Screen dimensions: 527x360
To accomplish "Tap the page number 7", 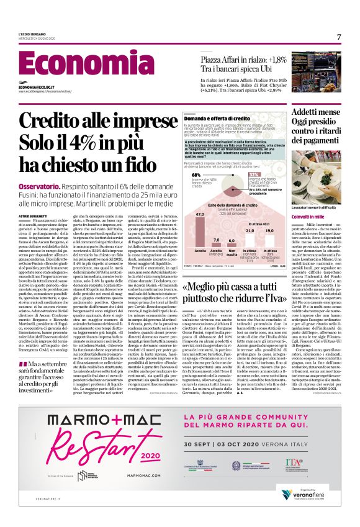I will click(x=339, y=37).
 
